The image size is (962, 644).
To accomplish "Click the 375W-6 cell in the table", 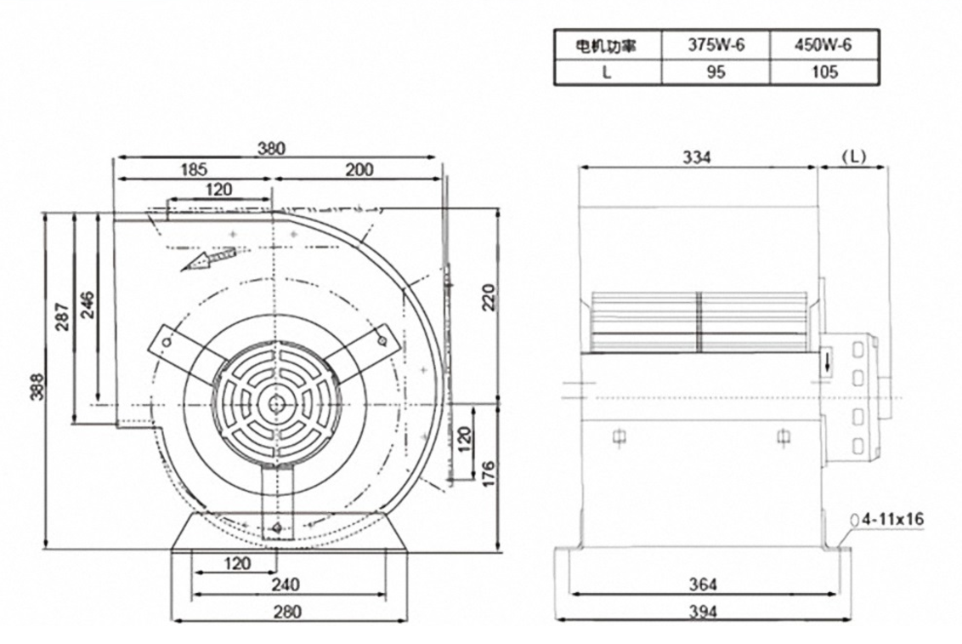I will click(716, 46).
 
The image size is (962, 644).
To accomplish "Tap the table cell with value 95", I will click(716, 72).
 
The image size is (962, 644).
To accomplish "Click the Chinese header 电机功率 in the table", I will click(608, 46).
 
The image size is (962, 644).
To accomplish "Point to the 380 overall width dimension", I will click(272, 147).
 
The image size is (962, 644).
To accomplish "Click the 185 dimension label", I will click(193, 169).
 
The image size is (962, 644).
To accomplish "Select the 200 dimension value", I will click(359, 169).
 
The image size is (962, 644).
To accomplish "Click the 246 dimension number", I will click(88, 304).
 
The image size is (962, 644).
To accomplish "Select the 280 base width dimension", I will click(289, 611).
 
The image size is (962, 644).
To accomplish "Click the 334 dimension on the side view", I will click(696, 157).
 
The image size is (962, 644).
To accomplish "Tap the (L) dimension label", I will click(852, 157).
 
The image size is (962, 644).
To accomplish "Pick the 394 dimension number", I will click(704, 611).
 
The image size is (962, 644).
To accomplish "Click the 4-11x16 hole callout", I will click(894, 518).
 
